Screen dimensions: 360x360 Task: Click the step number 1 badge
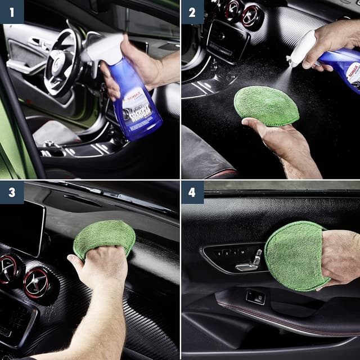12,12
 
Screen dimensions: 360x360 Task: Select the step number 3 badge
12,192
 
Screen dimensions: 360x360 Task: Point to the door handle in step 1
35,42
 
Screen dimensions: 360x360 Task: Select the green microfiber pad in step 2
265,105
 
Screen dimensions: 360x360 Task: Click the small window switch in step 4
256,297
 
